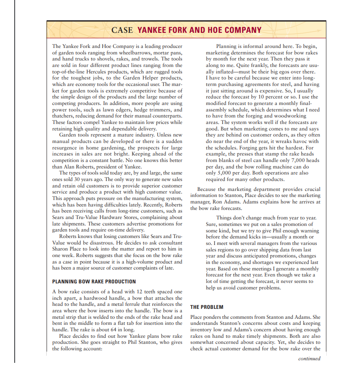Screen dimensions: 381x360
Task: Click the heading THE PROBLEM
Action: pos(207,307)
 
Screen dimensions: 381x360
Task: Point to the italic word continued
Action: pos(309,359)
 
